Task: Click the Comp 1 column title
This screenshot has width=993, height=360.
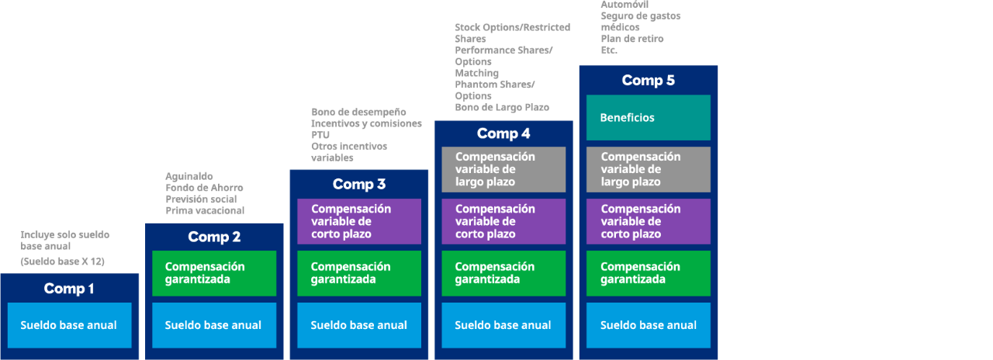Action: (x=69, y=289)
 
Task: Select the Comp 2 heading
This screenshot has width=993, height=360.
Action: (x=214, y=237)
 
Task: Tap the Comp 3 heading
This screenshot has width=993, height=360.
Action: (x=359, y=184)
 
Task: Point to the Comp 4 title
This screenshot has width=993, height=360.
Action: (x=503, y=133)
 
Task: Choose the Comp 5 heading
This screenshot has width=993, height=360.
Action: (x=648, y=80)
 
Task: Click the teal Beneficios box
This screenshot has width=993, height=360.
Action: (x=648, y=117)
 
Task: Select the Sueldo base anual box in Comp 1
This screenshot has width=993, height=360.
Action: (x=70, y=325)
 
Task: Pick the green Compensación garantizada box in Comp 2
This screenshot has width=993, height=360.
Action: (x=214, y=273)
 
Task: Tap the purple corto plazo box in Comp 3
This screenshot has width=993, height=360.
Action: (x=359, y=221)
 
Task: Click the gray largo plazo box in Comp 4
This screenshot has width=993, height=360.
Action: (x=503, y=169)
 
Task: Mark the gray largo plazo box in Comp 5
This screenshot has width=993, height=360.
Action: (x=648, y=169)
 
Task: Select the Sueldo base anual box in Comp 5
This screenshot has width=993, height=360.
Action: (x=648, y=325)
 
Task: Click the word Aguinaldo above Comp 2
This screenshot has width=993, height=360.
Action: (x=189, y=176)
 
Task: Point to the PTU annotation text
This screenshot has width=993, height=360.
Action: (x=320, y=135)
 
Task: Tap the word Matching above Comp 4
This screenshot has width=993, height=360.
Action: (x=476, y=73)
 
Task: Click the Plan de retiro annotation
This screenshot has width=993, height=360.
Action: (x=632, y=39)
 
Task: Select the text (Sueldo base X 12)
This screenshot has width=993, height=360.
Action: (x=63, y=261)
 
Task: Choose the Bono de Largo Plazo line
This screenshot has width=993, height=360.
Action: (x=502, y=107)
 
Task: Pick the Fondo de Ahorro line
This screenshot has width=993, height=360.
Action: (x=204, y=188)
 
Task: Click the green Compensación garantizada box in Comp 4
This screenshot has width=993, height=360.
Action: (x=503, y=273)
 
